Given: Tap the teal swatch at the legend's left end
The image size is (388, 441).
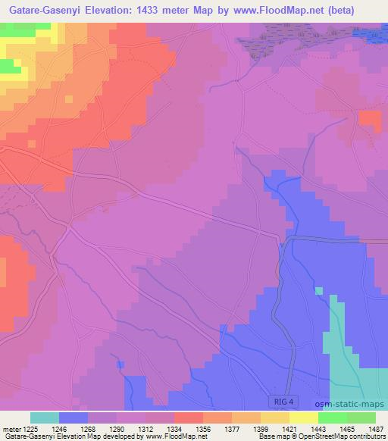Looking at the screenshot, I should tap(45, 418).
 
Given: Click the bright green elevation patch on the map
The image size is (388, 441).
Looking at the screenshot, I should tap(10, 66).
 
